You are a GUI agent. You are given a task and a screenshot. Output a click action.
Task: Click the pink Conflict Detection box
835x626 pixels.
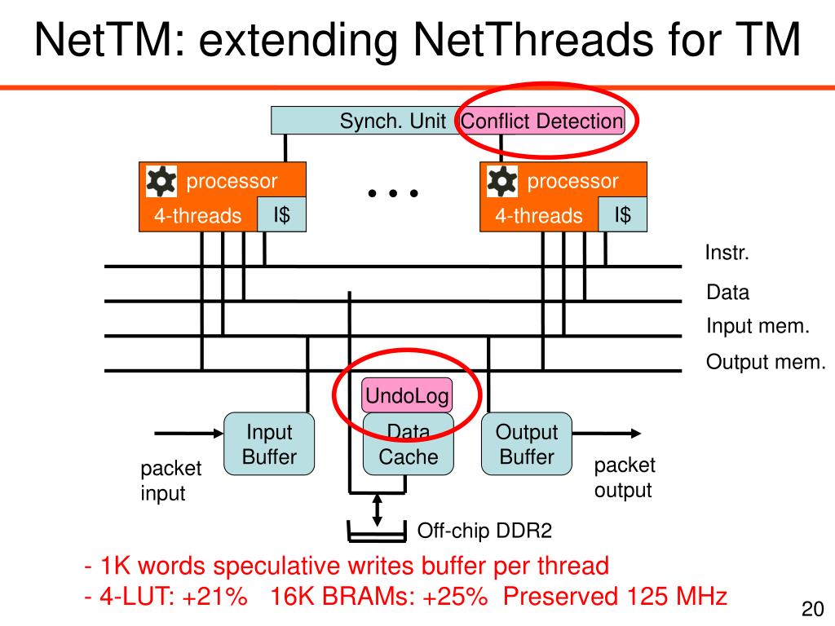coord(542,121)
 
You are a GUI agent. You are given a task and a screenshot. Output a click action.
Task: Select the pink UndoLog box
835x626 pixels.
coord(407,396)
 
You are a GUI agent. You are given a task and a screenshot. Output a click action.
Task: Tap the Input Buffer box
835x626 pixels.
coord(269,444)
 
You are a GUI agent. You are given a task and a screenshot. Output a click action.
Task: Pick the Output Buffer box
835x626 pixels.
coord(527,444)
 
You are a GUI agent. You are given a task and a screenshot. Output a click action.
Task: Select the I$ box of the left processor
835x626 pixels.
coord(282,214)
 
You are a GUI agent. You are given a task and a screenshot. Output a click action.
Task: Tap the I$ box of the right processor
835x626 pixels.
coord(622,214)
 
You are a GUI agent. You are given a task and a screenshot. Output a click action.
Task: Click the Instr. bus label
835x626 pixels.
coord(727,253)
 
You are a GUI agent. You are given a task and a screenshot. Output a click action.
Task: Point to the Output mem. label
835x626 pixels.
coord(766,362)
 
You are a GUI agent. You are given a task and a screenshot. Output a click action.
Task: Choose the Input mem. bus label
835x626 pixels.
coord(758,327)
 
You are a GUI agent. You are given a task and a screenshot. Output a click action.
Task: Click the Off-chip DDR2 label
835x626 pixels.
coord(484,531)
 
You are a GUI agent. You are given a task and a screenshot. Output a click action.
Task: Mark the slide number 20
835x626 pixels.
coord(812,610)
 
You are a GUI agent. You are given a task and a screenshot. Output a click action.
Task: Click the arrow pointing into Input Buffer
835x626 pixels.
coord(188,433)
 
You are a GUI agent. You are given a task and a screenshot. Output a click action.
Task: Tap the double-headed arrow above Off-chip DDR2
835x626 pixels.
coord(377,509)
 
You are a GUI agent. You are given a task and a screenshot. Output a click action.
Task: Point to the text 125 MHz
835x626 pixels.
coord(676,596)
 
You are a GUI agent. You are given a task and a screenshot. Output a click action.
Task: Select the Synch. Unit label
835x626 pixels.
coord(392,121)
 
